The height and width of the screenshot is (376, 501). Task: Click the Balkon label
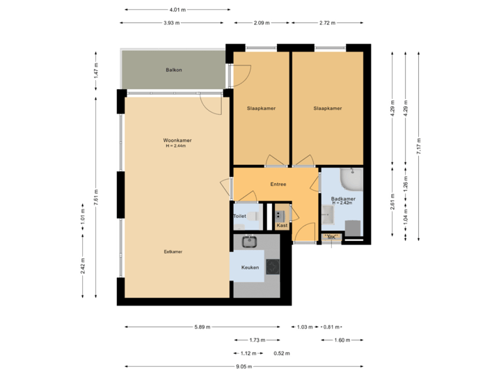pos(174,70)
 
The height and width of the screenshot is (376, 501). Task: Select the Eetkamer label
pos(173,251)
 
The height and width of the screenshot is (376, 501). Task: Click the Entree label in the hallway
pos(278,185)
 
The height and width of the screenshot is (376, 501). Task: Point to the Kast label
pos(282,226)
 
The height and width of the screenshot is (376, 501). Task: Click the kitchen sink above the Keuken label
pos(249,242)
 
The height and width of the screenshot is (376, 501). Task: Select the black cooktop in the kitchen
pos(272,266)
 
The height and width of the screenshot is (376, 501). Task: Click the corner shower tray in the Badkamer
pos(352,181)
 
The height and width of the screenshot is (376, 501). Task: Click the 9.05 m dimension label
pos(244,366)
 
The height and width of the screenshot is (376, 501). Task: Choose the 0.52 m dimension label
pos(282,354)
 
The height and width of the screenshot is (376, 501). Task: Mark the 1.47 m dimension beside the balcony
pos(97,71)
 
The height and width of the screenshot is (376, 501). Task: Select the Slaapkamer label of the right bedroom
pos(327,109)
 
